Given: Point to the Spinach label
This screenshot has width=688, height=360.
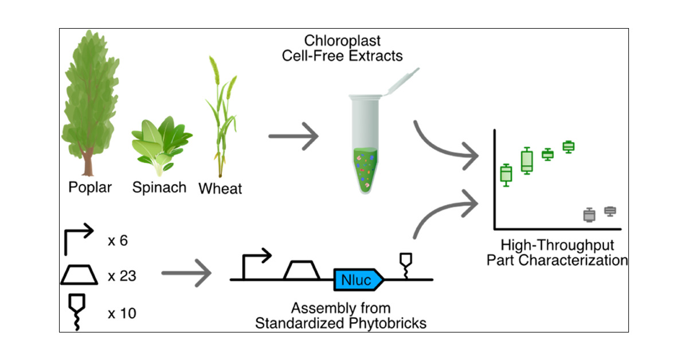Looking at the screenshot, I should [x=159, y=187].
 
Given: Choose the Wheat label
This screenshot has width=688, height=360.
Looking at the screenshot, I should [x=220, y=188].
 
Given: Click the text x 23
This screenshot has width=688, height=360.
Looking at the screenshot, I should [x=122, y=277].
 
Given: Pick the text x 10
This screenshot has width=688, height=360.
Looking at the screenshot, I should [x=122, y=313].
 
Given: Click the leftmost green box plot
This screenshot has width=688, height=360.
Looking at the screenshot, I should [x=506, y=173].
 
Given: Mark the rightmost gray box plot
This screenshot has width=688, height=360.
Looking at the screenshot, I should [x=610, y=211].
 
